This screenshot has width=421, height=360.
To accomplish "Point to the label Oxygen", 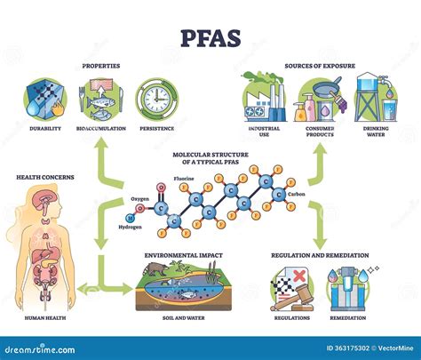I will click(x=139, y=198).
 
